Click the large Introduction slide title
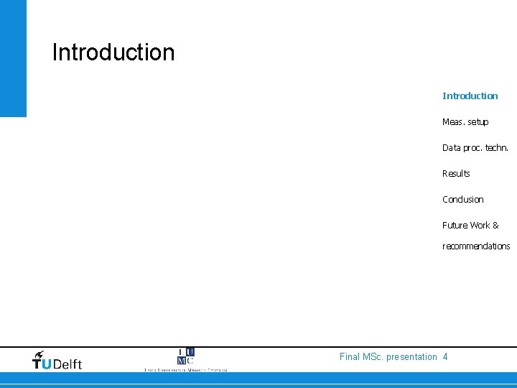(113, 52)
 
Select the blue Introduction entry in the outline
(470, 96)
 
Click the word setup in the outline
(478, 122)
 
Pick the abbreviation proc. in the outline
(473, 148)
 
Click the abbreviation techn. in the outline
(497, 148)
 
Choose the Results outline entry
(456, 174)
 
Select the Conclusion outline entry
(463, 200)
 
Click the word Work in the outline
(480, 226)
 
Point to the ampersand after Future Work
(495, 226)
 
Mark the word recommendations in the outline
(476, 246)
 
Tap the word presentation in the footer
(411, 357)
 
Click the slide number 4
(446, 357)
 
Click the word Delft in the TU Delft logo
(67, 364)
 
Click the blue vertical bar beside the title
(13, 57)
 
